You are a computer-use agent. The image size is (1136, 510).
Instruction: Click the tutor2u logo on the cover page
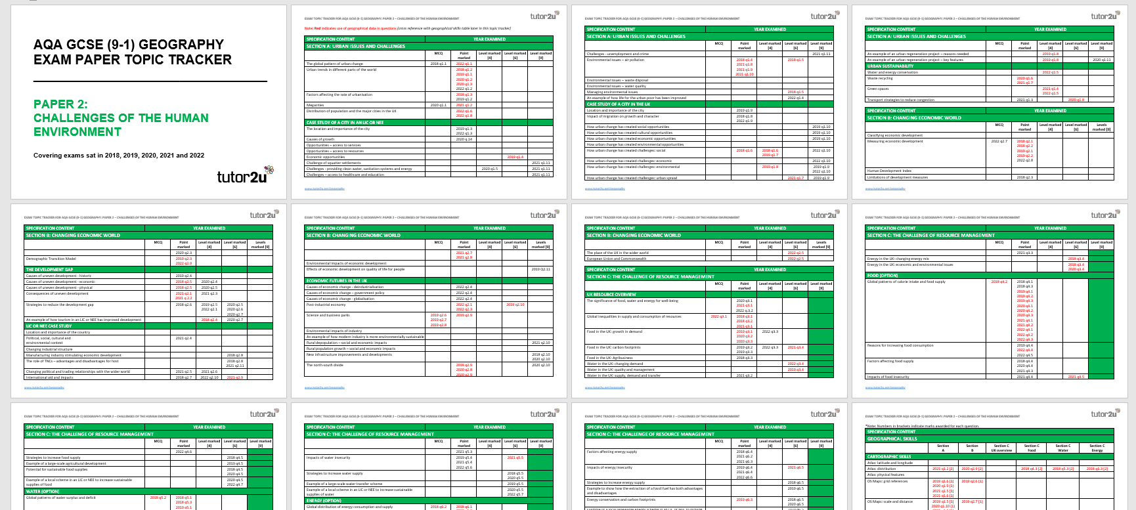[244, 175]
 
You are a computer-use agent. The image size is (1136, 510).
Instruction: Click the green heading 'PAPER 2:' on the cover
[60, 104]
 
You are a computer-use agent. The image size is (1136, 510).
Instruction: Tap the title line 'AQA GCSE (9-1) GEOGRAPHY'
[129, 45]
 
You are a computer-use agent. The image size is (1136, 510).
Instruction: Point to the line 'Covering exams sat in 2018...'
[119, 156]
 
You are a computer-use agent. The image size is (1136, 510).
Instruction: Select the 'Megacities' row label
[315, 105]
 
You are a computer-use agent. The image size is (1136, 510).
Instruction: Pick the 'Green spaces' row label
[878, 89]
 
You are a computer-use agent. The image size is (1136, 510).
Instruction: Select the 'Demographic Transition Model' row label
[51, 259]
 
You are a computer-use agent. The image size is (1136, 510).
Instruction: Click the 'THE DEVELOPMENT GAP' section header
[50, 270]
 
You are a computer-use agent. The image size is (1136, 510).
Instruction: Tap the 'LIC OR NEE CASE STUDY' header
[49, 326]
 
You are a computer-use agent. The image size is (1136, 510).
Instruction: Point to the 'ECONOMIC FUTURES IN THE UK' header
[337, 281]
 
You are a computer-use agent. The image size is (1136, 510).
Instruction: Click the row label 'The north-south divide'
[324, 365]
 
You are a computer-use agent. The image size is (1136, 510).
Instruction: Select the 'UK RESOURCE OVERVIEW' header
[611, 295]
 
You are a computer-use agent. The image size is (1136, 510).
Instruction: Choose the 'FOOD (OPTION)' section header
[883, 276]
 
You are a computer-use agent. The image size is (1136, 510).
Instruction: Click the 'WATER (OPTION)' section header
[43, 492]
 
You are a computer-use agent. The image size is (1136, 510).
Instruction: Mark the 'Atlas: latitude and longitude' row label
[890, 463]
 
